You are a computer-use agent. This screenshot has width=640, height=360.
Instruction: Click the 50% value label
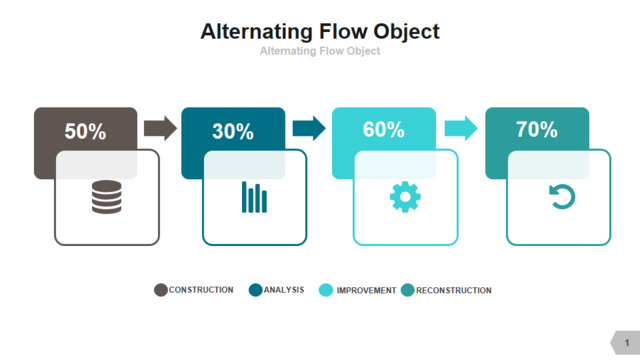[85, 131]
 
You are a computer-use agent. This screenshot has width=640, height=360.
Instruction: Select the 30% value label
[233, 131]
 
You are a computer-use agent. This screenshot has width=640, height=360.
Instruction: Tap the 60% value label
[384, 129]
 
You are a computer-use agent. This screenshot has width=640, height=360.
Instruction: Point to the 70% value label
[537, 129]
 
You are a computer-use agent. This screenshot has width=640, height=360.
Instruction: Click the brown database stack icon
[107, 197]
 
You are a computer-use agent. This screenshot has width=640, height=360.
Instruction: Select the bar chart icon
[254, 197]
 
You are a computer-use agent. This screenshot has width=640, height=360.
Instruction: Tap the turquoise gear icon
[405, 197]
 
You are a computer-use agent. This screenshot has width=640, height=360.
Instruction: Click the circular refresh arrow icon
[562, 196]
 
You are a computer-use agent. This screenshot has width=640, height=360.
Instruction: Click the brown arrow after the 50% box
[160, 128]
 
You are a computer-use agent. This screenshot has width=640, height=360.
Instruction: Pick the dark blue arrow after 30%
[309, 128]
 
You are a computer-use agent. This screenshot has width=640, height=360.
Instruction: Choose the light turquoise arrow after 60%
[461, 128]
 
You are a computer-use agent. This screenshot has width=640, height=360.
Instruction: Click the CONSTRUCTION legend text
[201, 290]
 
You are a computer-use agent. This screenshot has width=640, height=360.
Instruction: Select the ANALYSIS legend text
[284, 290]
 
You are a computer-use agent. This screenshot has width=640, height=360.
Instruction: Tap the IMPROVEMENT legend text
[367, 290]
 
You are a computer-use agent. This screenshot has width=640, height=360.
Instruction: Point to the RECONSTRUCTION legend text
[454, 290]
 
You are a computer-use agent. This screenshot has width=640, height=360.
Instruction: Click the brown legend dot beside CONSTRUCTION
[161, 290]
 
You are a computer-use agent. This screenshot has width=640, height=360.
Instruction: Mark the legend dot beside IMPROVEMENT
[326, 290]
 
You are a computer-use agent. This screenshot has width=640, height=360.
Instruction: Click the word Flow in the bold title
[343, 31]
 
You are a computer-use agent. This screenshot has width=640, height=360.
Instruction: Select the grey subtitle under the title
[320, 51]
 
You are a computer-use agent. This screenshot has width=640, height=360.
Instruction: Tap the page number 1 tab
[627, 342]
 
